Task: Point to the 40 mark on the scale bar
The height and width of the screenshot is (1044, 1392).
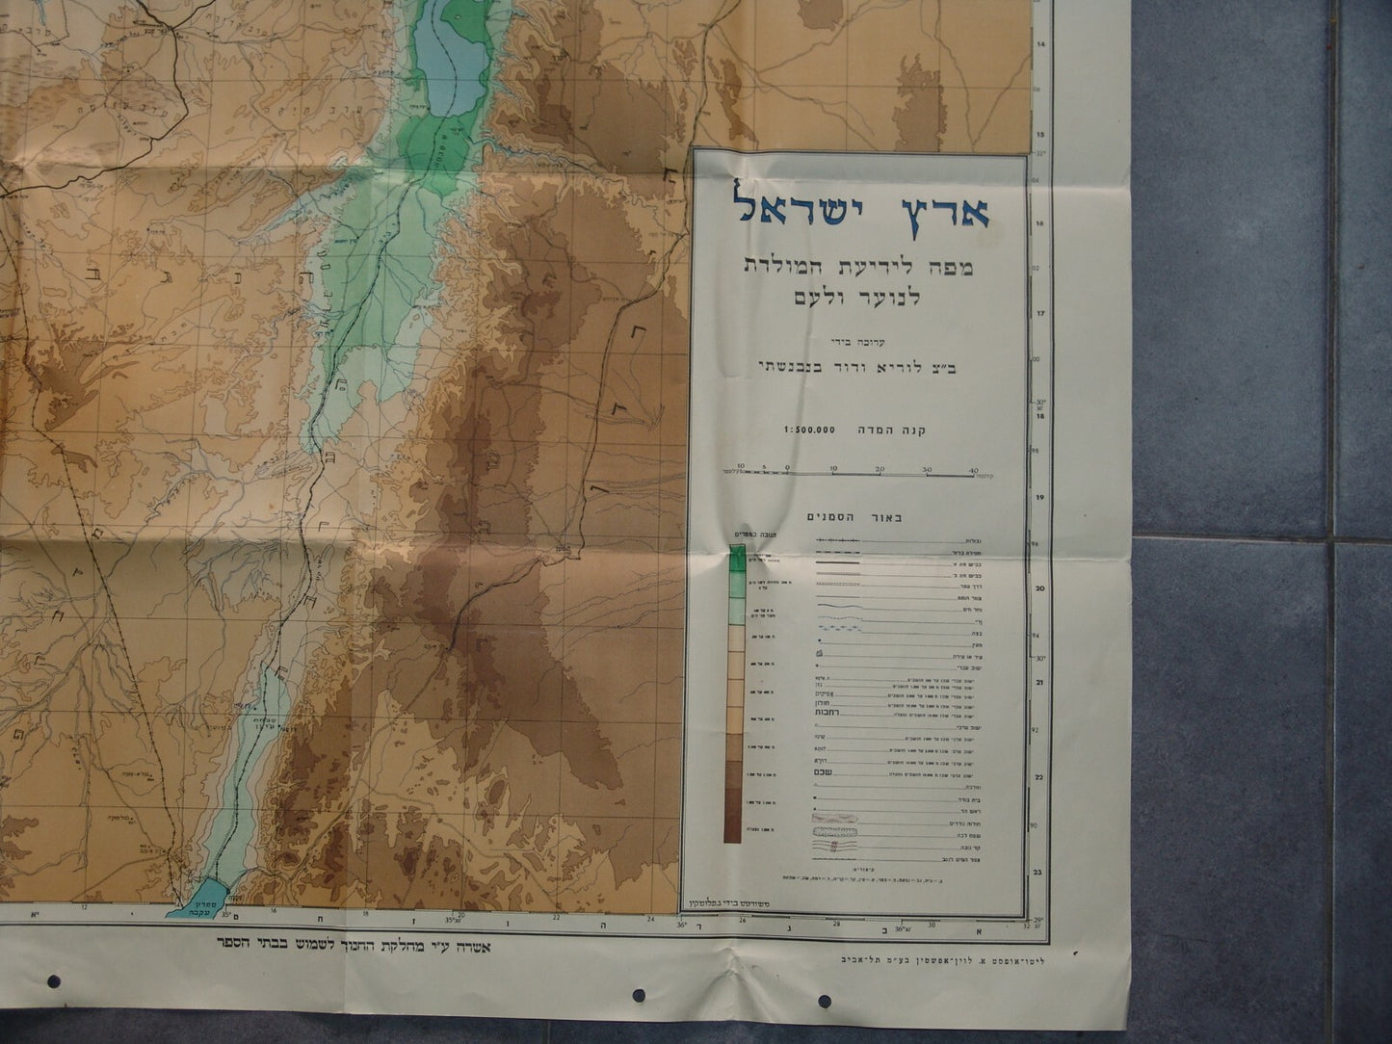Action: point(974,468)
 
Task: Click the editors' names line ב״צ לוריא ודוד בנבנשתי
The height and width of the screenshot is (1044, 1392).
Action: point(854,365)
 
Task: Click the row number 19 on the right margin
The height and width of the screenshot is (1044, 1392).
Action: point(1040,498)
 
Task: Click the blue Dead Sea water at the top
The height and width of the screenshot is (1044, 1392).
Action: point(439,58)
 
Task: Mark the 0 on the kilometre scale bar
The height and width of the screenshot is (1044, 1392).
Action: point(788,468)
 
